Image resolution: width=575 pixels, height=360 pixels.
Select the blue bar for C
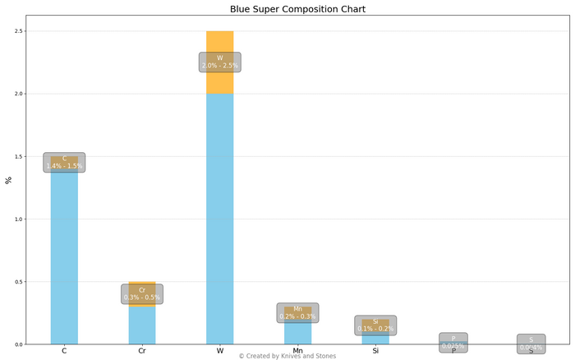tap(64, 255)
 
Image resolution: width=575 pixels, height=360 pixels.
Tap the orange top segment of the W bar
tap(219, 41)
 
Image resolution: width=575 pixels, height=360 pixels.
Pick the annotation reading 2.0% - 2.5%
tap(219, 62)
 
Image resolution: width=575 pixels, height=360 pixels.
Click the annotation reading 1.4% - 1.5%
tap(64, 162)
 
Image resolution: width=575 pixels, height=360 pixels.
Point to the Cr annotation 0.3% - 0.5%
tap(142, 294)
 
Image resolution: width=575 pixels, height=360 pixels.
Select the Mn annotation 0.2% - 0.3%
tap(297, 313)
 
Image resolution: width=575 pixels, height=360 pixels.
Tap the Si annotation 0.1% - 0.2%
tap(375, 325)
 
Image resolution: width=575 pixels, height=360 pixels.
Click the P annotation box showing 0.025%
tap(453, 343)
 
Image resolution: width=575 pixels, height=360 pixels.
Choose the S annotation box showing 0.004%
tap(531, 344)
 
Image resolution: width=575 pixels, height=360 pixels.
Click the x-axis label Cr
tap(142, 351)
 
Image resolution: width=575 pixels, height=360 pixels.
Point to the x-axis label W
tap(219, 351)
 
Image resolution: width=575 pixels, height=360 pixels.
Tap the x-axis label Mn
tap(297, 351)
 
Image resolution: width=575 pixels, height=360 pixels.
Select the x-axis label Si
tap(375, 351)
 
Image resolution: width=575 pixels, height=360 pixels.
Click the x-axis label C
tap(64, 351)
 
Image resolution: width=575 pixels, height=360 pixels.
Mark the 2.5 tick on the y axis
tap(19, 31)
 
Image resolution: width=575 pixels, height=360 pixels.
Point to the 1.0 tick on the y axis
tap(19, 219)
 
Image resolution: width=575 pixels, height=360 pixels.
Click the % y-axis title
tap(8, 180)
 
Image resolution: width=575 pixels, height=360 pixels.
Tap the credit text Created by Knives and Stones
tap(287, 356)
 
